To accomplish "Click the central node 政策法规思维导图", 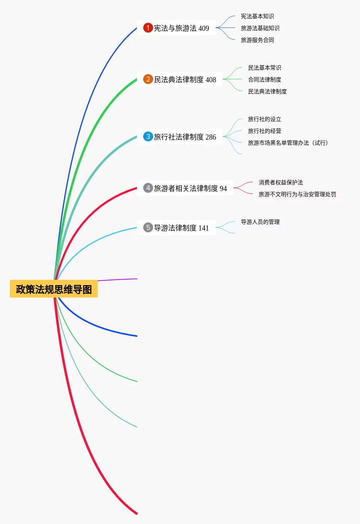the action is pos(54,289).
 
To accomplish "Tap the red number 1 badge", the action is pos(148,28).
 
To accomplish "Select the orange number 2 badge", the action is pos(148,79).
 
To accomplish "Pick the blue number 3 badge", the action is pos(148,136).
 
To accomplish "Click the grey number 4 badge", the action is pos(148,188).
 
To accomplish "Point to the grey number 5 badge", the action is pos(148,227).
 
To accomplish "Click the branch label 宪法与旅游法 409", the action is pos(181,28).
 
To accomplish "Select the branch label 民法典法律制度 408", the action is pos(185,79).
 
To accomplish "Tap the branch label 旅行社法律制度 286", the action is pos(185,137).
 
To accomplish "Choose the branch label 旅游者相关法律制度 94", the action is pos(190,188).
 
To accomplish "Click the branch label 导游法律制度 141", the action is pos(181,228).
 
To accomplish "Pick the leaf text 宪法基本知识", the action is pos(257,16).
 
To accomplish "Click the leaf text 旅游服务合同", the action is pos(257,40).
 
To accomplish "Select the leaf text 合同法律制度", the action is pos(264,79).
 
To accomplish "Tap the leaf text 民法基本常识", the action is pos(264,68).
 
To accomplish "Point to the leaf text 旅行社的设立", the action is pos(264,119).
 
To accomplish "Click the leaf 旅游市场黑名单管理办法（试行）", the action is pos(288,143).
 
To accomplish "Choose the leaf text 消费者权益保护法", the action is pos(280,182).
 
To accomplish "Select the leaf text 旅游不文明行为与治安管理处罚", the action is pos(297,194).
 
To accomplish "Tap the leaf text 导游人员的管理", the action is pos(260,222).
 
